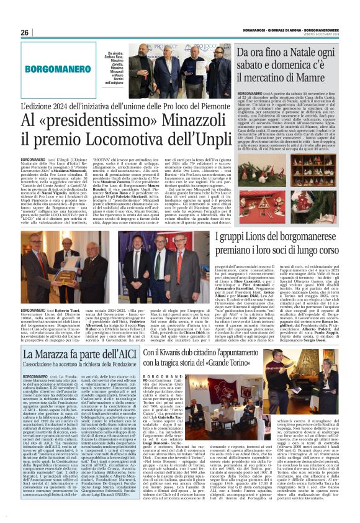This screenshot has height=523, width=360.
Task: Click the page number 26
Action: coord(25,32)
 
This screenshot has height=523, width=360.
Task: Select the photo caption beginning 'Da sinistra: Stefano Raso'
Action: coord(114,65)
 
